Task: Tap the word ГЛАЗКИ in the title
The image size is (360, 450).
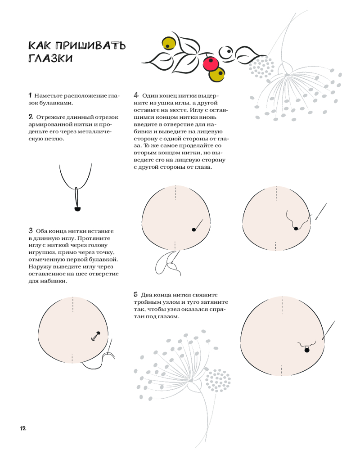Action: pos(50,58)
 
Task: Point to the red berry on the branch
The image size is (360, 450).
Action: pos(210,64)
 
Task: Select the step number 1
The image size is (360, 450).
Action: pos(30,95)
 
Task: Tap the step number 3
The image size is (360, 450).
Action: pos(30,230)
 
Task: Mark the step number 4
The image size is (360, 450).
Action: pos(136,95)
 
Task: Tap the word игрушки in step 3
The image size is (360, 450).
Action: pos(43,252)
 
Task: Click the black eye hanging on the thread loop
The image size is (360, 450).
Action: pos(77,209)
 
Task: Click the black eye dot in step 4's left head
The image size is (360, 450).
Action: pos(193,229)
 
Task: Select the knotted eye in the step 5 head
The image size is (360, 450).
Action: pos(307,349)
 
